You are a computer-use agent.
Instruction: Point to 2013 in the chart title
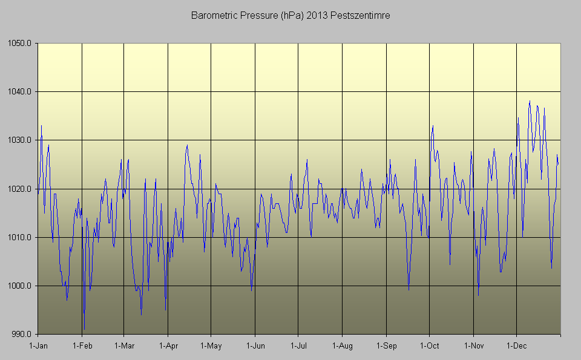pos(323,15)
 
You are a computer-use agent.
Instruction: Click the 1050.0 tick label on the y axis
pos(21,44)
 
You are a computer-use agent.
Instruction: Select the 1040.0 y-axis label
pos(21,92)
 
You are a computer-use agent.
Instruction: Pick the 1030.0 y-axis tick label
pos(21,140)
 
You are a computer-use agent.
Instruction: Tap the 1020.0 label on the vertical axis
pos(21,189)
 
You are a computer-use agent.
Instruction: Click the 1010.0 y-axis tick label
pos(21,237)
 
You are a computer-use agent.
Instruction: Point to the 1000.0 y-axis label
pos(21,286)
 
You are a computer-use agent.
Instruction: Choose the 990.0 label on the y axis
pos(22,334)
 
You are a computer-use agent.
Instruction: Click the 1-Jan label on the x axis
pos(38,346)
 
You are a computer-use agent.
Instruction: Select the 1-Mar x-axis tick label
pos(124,346)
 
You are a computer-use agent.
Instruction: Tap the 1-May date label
pos(211,346)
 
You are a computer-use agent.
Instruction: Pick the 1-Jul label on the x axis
pos(298,346)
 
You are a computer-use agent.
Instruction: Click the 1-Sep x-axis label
pos(386,346)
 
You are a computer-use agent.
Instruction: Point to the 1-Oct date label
pos(429,346)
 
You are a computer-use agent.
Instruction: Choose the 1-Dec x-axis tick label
pos(516,346)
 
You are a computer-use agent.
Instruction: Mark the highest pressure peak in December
pos(530,102)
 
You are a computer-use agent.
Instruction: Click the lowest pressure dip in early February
pos(84,330)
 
